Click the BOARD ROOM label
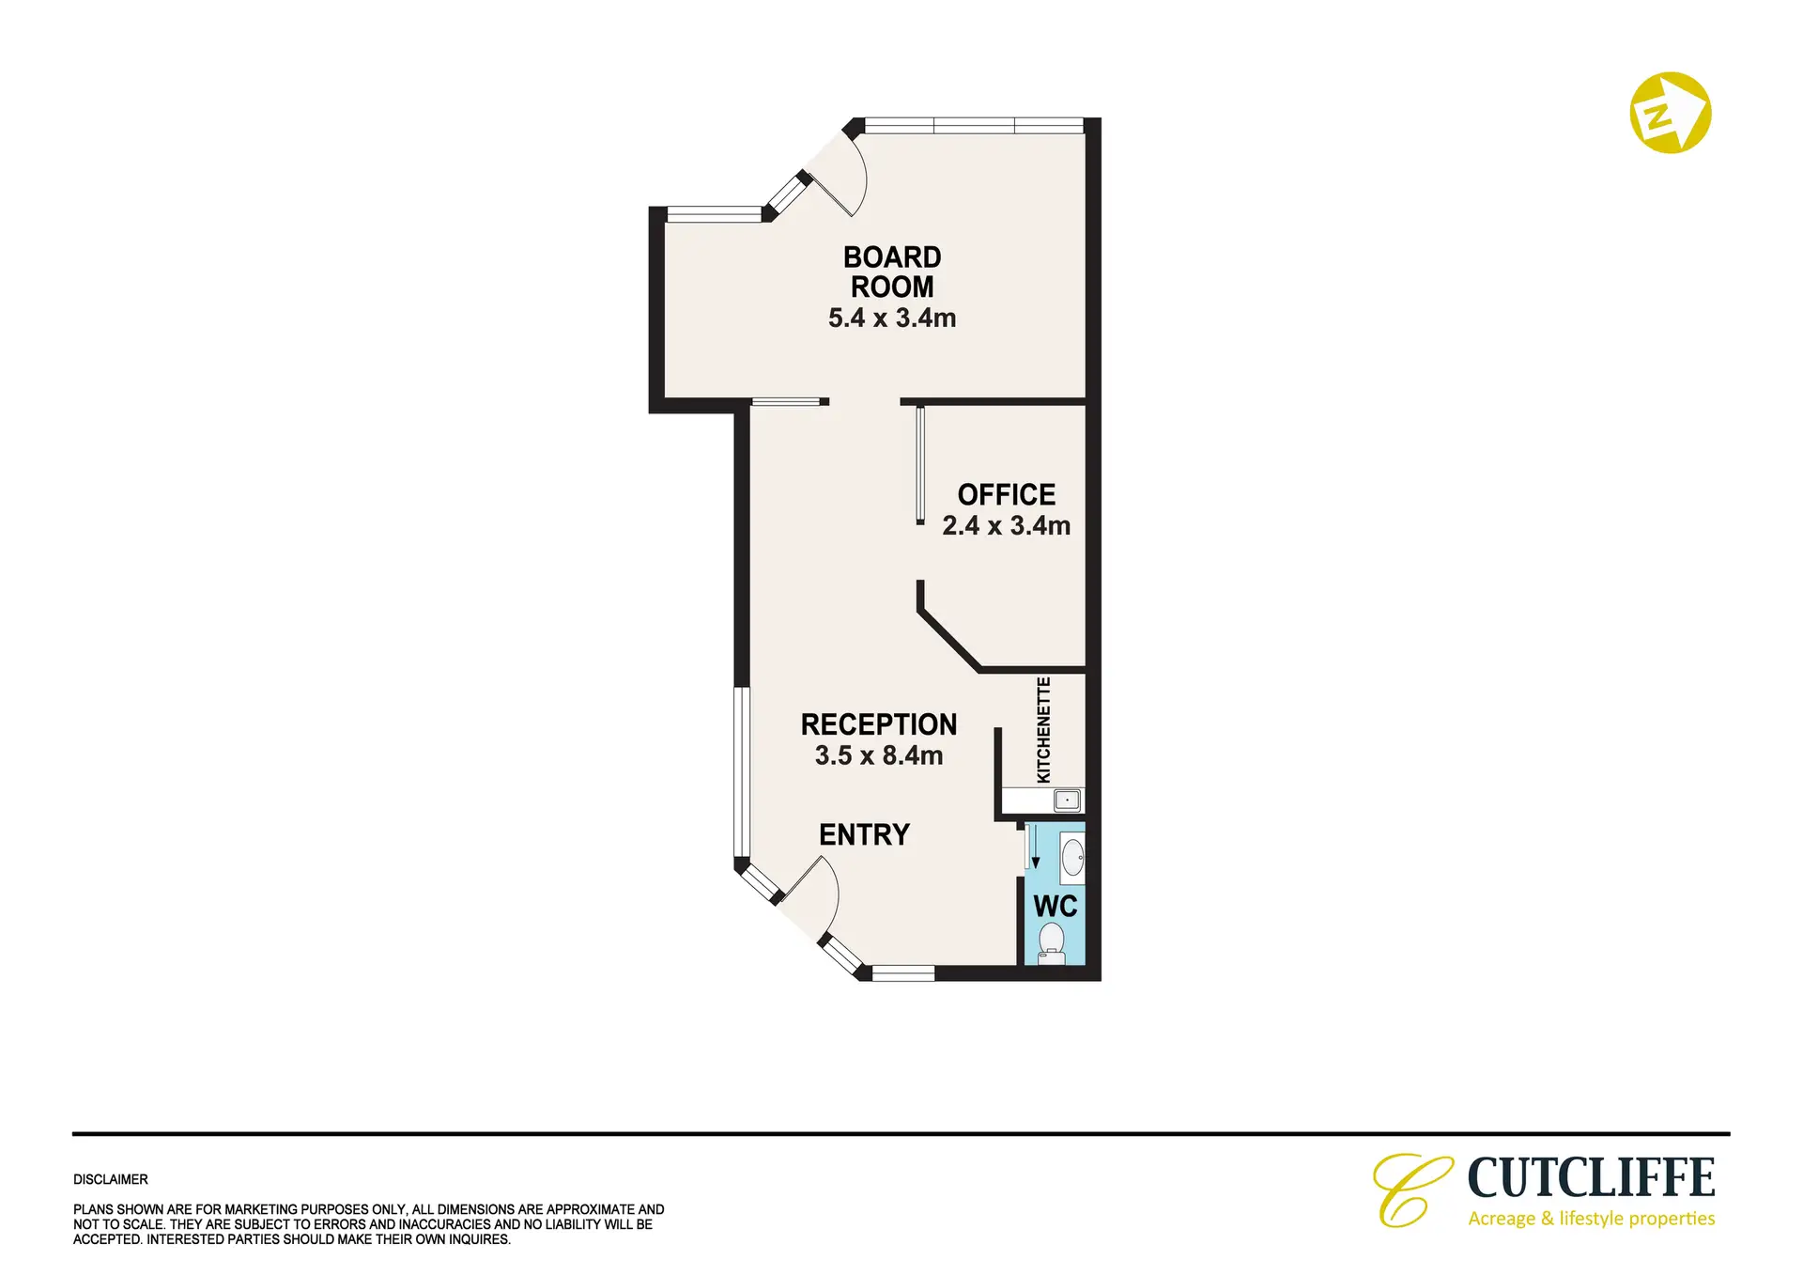[x=892, y=272]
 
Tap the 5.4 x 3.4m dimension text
[x=892, y=318]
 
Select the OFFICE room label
[x=1007, y=494]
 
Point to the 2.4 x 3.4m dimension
[x=1007, y=525]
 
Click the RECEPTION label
[x=879, y=724]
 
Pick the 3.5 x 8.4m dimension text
[x=879, y=755]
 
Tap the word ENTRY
[x=864, y=834]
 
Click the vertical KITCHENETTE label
[x=1043, y=730]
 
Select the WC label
[x=1056, y=907]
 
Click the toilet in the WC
[x=1052, y=943]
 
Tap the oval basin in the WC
[x=1072, y=858]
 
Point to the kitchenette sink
[x=1068, y=801]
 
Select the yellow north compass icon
[x=1670, y=113]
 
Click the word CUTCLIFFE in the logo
[x=1591, y=1178]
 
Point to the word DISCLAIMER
[x=111, y=1179]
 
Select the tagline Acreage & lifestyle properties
[x=1592, y=1219]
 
